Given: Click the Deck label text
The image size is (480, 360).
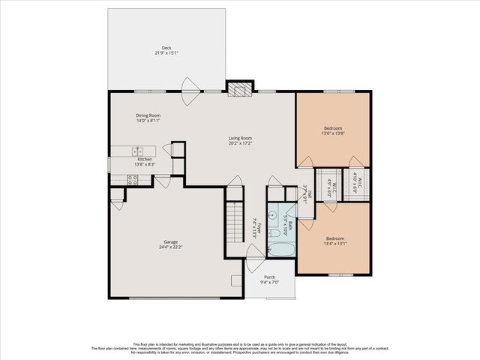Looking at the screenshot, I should coord(166,47).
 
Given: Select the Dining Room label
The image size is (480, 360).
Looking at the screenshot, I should coord(148,115).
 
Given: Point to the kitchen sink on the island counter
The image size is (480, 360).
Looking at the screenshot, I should coord(138,151).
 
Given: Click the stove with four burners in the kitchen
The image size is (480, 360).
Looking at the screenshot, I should coord(132,179).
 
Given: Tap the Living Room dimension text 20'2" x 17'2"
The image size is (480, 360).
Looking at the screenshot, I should coord(240,143).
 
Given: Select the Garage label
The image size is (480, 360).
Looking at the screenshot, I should coord(171,241).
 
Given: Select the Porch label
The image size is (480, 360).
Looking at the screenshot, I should coord(269,277).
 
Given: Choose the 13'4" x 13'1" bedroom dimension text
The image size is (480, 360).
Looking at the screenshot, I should coord(334,243).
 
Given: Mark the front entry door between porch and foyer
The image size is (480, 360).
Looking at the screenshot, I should coord(256,253).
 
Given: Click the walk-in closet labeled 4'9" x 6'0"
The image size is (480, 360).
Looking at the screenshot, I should coord(327,184).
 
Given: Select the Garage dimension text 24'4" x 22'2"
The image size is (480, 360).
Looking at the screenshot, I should coord(171,247).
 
